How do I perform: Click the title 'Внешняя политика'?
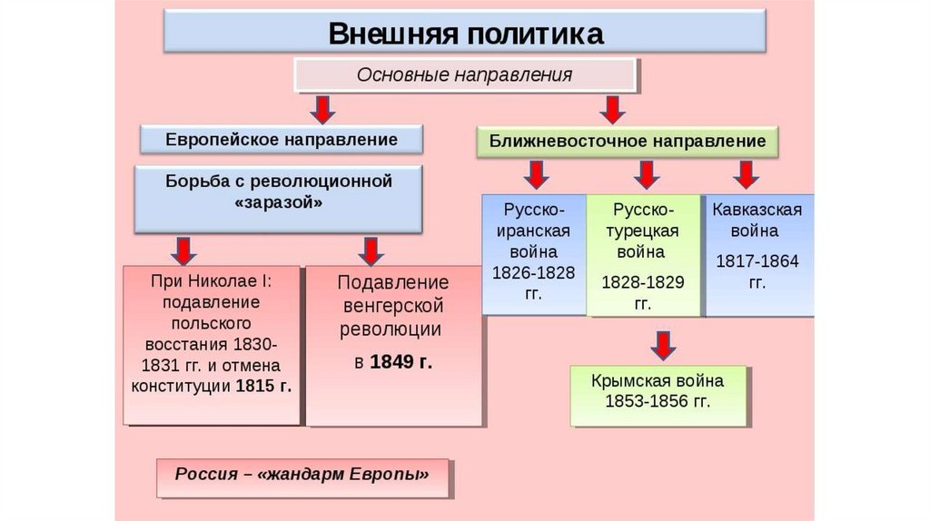[465, 33]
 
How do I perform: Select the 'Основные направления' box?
[465, 74]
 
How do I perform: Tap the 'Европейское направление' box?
[282, 140]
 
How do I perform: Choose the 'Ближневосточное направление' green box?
[628, 142]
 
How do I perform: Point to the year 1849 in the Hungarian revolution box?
[392, 362]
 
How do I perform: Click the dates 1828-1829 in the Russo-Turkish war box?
[642, 281]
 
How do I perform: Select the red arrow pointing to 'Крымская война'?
[663, 345]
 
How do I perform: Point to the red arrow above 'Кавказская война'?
[747, 174]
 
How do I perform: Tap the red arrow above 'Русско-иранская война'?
[537, 174]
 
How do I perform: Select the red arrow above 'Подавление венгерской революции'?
[371, 250]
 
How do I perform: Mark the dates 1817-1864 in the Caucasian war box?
[757, 261]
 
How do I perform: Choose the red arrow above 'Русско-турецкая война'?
[646, 174]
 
